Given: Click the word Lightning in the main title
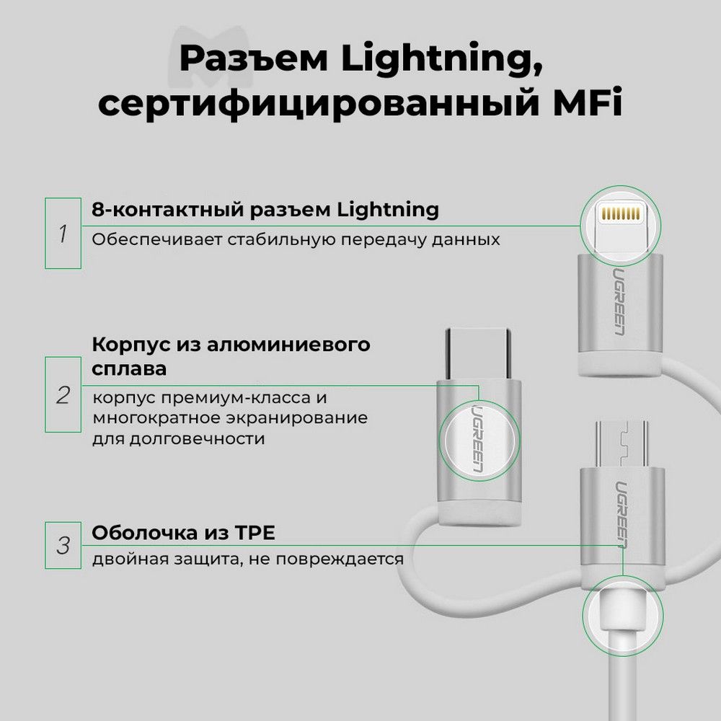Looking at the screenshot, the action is [442, 60].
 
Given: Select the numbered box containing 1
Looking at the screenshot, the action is [63, 233].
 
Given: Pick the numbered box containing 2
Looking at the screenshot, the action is [63, 394].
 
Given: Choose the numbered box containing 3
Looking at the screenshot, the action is [63, 545].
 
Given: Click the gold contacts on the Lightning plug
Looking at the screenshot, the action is [620, 213].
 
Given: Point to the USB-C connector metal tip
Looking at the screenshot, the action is [478, 353].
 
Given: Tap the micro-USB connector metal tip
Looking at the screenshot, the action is [622, 443].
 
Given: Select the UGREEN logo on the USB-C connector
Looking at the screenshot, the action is [478, 438].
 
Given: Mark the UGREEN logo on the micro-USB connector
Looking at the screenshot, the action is [622, 515].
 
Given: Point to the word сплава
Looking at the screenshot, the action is [129, 368].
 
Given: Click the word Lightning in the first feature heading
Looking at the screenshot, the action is [388, 210].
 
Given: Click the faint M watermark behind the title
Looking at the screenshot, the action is [210, 57].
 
